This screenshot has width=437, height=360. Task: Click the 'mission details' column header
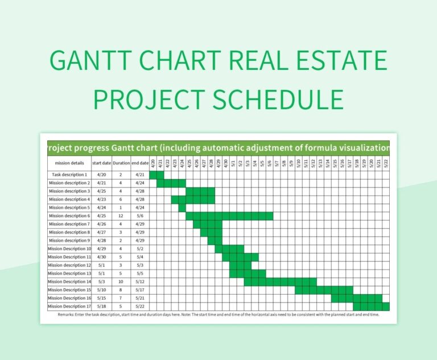pos(69,163)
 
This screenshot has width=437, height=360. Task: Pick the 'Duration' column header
pos(121,163)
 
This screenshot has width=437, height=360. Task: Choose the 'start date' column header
pos(102,163)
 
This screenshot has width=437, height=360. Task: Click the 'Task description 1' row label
pos(69,175)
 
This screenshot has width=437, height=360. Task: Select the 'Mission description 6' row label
pos(69,216)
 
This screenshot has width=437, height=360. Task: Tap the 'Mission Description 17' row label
pos(69,307)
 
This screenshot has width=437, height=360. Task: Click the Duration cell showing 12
pos(121,216)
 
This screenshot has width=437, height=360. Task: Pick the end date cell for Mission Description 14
pos(140,282)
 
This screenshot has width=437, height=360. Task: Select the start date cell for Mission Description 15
pos(102,290)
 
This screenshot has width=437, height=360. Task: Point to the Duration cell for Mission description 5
pos(121,208)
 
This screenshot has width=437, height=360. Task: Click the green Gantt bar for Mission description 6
pos(229,216)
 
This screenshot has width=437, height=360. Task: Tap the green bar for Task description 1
pos(156,175)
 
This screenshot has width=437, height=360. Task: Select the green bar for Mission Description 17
pos(372,307)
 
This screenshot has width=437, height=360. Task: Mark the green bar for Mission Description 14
pos(280,282)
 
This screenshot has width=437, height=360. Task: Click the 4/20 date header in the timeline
pos(153,163)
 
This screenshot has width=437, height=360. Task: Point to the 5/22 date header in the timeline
pos(386,163)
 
